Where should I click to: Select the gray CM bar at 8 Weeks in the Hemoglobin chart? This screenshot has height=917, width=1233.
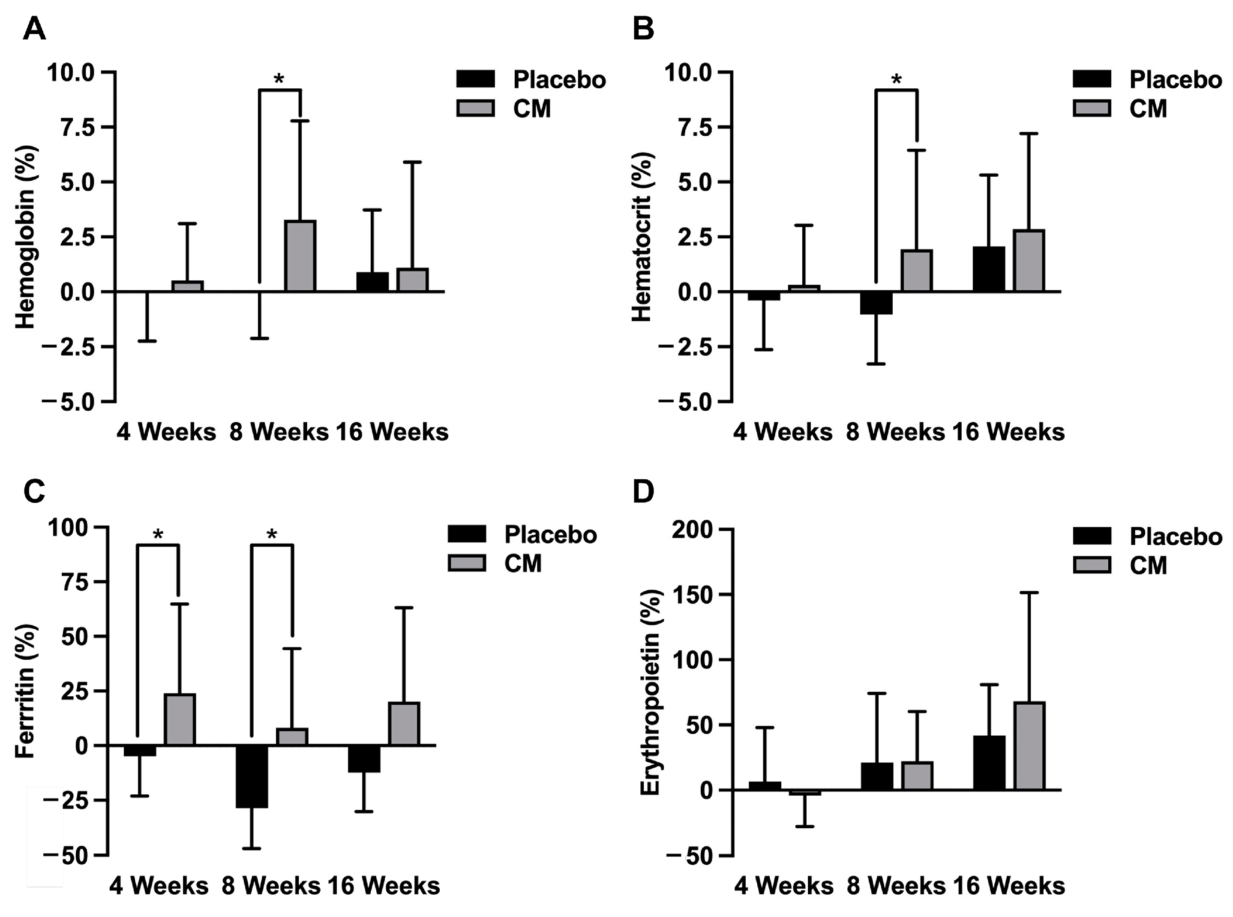tap(300, 256)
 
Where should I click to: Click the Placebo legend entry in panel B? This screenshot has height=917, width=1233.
tap(1146, 80)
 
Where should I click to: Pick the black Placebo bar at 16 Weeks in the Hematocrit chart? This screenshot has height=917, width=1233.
tap(989, 269)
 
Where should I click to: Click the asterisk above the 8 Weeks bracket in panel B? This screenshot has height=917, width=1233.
tap(896, 80)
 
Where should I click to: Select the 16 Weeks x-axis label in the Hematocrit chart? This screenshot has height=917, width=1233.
tap(1009, 432)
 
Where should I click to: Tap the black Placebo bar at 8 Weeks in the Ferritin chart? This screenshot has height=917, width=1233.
tap(252, 776)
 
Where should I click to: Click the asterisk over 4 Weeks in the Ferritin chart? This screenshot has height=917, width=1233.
tap(158, 535)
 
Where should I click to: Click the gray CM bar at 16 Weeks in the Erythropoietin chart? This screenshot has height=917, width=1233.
tap(1029, 746)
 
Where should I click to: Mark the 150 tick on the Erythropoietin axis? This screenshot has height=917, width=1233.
tap(693, 595)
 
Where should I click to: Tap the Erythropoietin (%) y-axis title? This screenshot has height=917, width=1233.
tap(650, 693)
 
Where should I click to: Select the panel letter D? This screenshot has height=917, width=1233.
tap(643, 492)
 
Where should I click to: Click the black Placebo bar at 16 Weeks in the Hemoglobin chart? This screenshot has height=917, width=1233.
tap(372, 282)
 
